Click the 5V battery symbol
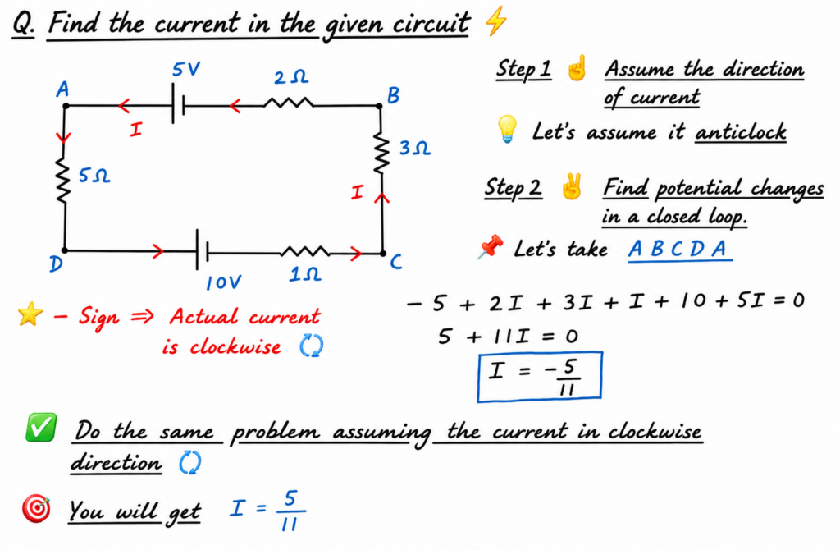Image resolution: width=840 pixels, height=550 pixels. pos(178,105)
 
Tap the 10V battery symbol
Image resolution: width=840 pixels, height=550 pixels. pos(203,250)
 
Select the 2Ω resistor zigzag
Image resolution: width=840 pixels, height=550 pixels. pos(288,103)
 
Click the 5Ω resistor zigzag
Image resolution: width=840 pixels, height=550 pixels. pos(64,181)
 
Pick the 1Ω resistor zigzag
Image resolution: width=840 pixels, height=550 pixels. pos(305,250)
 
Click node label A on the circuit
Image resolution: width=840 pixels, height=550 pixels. pos(62,89)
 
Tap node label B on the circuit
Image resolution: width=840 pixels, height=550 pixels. pos(393,95)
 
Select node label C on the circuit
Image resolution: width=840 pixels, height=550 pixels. pos(396,262)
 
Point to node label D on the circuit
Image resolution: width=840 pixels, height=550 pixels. pos(56,264)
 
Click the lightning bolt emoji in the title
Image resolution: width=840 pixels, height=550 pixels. pos(495,21)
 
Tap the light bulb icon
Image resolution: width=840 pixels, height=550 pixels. pos(507,129)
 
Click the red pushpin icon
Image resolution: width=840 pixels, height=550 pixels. pos(490,247)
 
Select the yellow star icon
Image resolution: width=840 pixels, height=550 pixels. pos(30,314)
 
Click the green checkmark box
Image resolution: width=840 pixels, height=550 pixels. pos(41,427)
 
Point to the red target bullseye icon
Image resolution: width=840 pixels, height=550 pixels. pos(36,509)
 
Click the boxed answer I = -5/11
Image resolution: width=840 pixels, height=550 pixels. pos(540,376)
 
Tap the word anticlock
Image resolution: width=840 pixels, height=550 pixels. pos(741,132)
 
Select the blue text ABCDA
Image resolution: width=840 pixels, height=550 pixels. pos(678,249)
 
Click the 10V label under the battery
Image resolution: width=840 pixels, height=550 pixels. pos(224,282)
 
